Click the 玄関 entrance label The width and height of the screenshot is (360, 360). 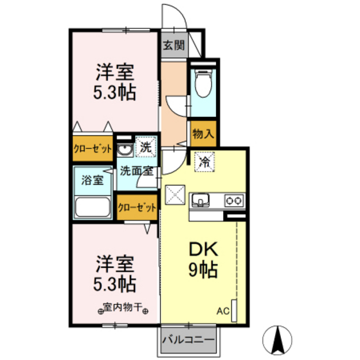point(174,45)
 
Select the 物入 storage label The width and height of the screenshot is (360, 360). point(203,134)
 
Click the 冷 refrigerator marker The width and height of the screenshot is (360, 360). point(204,162)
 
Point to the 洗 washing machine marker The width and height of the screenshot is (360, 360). point(146,147)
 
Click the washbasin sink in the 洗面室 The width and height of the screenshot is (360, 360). point(125,150)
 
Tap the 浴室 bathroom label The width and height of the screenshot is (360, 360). point(93,180)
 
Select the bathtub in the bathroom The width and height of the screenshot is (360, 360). point(93,206)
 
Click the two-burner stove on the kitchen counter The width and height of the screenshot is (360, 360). point(234,201)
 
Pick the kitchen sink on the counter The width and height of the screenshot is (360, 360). point(201,200)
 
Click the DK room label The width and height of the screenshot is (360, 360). point(203,249)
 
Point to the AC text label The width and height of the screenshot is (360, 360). point(223,311)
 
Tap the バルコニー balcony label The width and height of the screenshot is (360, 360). point(188,339)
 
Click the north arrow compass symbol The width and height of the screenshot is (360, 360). point(277,340)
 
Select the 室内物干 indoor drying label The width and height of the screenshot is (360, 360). point(123,307)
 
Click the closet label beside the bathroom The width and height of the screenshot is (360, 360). point(93,149)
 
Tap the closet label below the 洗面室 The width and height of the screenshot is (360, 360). point(137,208)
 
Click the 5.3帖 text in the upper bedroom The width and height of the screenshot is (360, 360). point(114,93)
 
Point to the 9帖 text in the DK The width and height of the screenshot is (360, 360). point(203,270)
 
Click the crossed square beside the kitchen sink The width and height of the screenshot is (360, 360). point(175,195)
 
